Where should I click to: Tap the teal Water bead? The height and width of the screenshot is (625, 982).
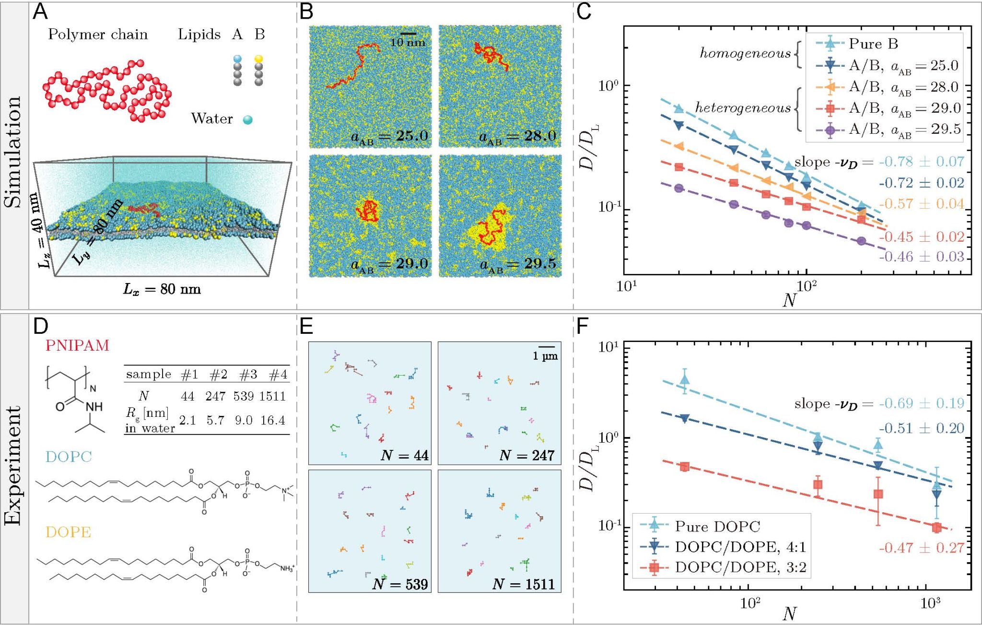[247, 119]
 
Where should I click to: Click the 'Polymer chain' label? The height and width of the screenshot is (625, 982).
[98, 35]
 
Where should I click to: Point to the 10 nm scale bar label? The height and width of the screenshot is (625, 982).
[408, 42]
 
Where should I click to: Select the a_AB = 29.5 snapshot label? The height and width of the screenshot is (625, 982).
[518, 265]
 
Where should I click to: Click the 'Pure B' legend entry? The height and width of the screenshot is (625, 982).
[873, 44]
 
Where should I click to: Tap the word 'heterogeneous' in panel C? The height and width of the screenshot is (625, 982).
[743, 108]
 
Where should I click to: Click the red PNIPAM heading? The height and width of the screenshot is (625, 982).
[77, 345]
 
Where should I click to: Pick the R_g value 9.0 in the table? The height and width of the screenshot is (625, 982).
[244, 420]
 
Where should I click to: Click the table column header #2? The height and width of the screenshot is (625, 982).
[218, 375]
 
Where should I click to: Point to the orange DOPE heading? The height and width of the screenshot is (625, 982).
[68, 532]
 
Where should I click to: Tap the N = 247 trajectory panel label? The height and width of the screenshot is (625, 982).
[526, 455]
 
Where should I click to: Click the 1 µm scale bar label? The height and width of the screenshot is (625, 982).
[545, 356]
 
